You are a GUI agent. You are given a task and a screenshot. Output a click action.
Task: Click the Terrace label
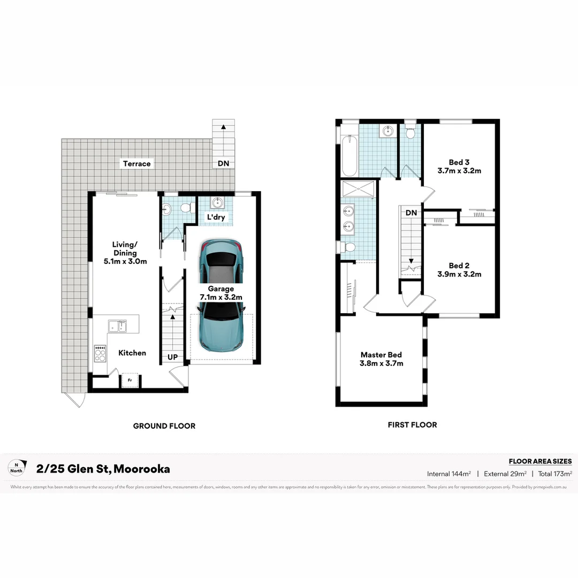click(136, 164)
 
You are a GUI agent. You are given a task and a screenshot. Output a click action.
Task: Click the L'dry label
click(216, 218)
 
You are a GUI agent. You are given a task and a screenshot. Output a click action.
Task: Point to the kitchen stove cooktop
click(100, 354)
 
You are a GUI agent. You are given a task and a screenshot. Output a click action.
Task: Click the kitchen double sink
click(117, 326)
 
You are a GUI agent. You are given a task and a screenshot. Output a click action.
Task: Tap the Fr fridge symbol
click(129, 381)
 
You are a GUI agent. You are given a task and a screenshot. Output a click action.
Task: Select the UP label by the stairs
click(173, 357)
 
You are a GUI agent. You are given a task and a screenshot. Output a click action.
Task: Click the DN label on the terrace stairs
click(223, 164)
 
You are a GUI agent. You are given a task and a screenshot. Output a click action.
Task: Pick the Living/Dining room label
click(125, 253)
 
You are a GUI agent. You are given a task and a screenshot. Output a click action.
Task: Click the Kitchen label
click(132, 353)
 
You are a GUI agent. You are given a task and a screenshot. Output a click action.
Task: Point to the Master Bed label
click(381, 359)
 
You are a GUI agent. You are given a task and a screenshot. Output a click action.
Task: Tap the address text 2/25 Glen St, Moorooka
click(103, 469)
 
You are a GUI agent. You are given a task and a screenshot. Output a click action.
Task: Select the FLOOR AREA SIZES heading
click(540, 461)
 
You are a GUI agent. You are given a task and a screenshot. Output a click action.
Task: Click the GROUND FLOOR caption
click(164, 426)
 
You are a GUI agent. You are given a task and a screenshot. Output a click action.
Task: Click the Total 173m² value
click(555, 474)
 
